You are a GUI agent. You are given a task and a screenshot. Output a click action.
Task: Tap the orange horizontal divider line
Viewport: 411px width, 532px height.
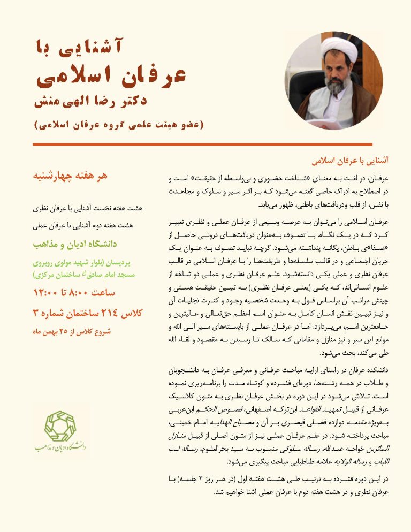pyautogui.click(x=205, y=145)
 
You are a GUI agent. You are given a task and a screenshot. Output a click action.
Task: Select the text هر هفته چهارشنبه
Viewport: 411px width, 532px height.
pyautogui.click(x=71, y=176)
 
